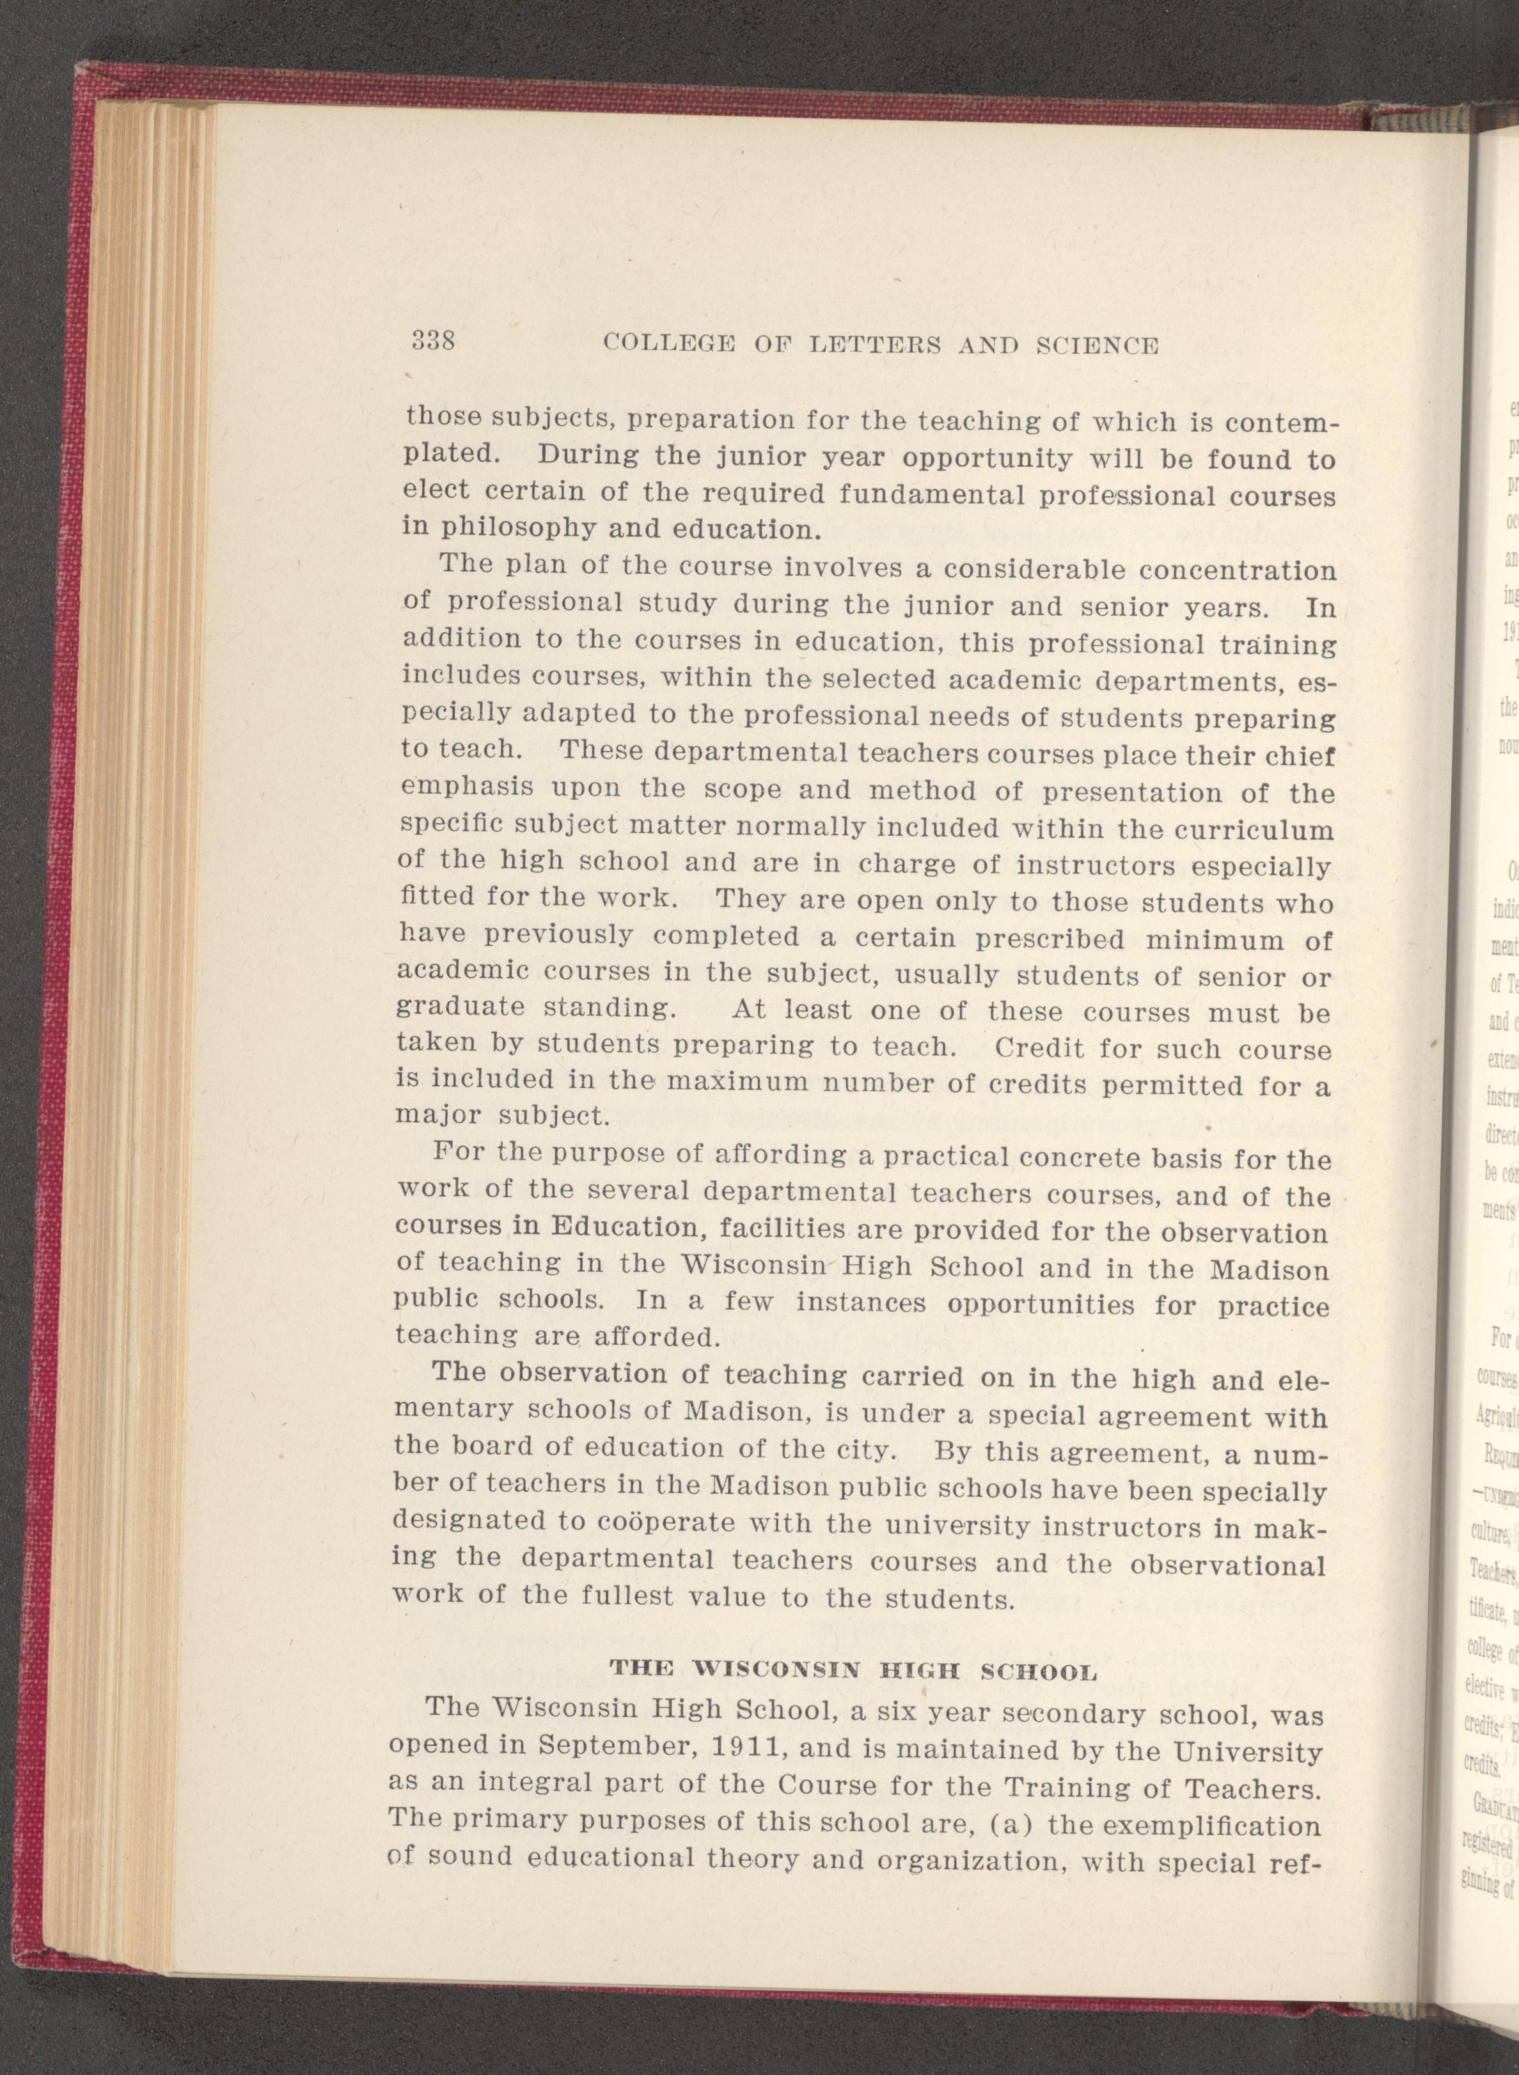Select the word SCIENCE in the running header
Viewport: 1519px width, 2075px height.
click(1097, 346)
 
